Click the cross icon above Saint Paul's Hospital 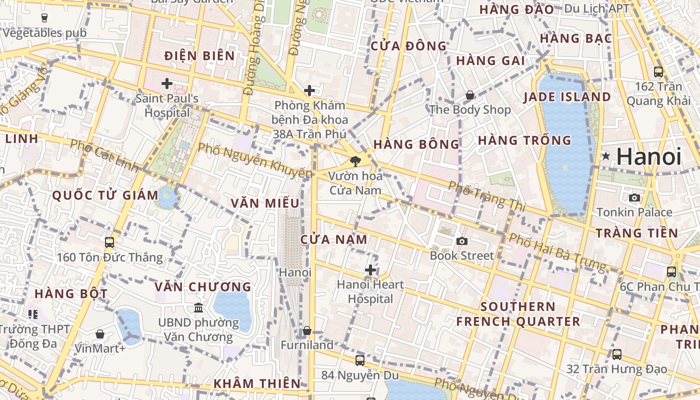[167, 83]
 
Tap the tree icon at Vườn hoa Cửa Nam [355, 161]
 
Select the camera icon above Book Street [462, 241]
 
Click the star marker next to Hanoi [606, 156]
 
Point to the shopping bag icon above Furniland [307, 331]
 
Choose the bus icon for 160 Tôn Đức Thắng [109, 242]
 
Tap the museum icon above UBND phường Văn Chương [198, 307]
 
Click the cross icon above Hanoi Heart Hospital [370, 270]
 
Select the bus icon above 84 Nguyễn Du [359, 360]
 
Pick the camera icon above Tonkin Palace [634, 197]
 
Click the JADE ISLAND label [567, 97]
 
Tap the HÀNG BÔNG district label [416, 144]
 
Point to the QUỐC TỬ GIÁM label [105, 195]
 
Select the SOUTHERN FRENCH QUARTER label [518, 314]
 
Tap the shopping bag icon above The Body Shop [470, 95]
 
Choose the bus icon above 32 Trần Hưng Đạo [617, 354]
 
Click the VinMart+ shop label [100, 348]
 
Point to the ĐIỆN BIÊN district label [199, 55]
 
